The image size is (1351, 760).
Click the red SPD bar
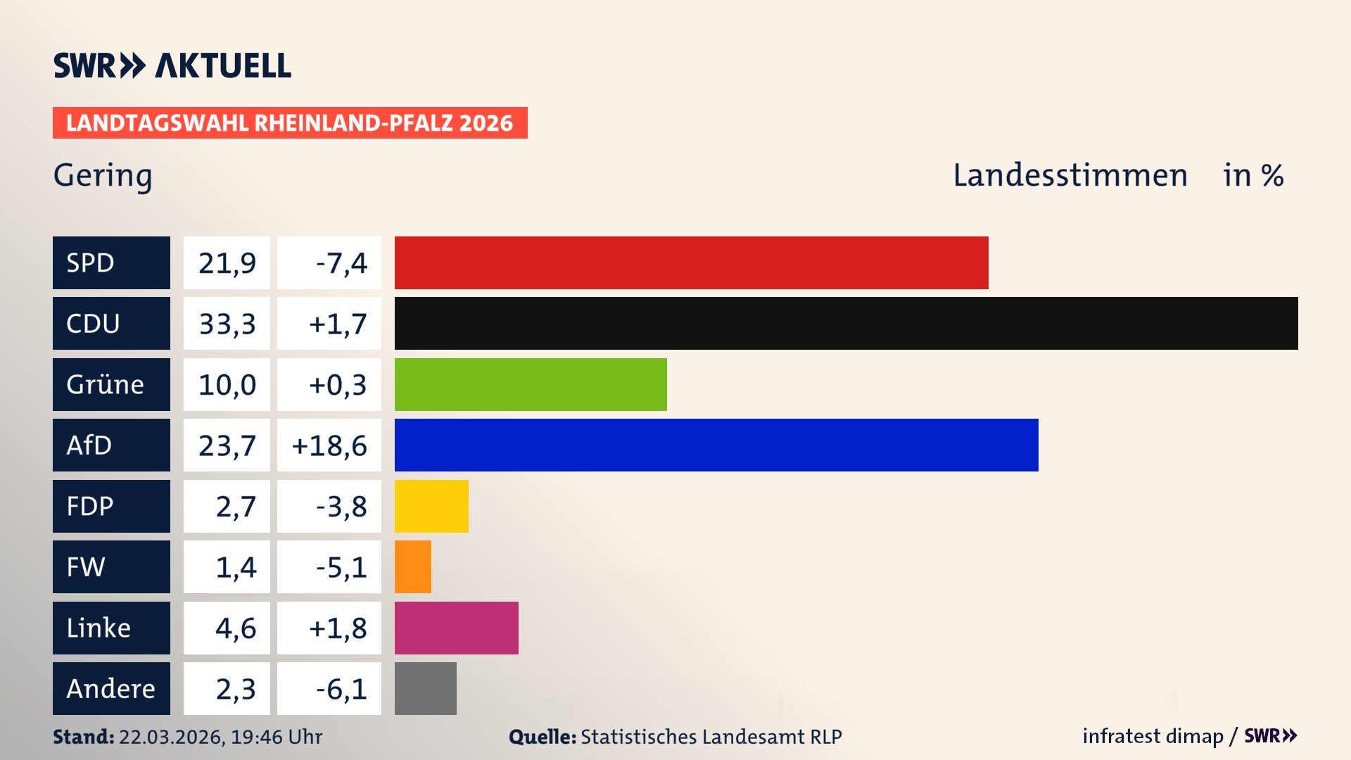click(691, 262)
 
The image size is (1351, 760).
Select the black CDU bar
click(846, 324)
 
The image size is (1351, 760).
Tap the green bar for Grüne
click(531, 384)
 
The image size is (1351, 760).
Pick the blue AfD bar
click(716, 445)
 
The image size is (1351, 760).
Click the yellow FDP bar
click(431, 506)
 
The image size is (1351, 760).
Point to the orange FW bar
click(413, 566)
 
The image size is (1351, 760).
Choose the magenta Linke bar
click(456, 628)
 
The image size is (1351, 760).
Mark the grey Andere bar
click(425, 688)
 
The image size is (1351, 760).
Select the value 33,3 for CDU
click(227, 324)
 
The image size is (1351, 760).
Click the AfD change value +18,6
click(329, 445)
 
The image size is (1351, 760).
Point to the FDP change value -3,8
click(341, 506)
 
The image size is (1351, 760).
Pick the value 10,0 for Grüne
click(227, 384)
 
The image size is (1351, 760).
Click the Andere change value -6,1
click(341, 688)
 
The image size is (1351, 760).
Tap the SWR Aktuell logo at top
click(172, 65)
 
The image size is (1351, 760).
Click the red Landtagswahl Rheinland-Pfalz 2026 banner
click(290, 122)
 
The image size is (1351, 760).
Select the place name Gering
click(103, 175)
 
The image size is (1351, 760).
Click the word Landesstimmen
click(1070, 175)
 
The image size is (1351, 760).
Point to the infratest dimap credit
click(1153, 736)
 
